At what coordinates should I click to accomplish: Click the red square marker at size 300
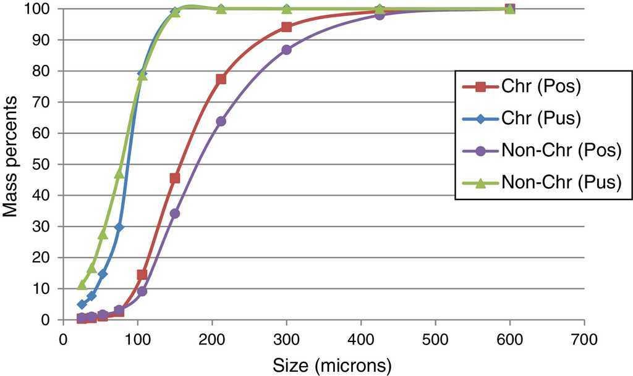pos(286,27)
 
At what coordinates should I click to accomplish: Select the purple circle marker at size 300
pos(286,49)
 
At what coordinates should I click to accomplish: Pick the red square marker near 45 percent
pos(175,178)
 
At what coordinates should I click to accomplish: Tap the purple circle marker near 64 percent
pos(221,121)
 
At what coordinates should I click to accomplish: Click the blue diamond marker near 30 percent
pos(119,227)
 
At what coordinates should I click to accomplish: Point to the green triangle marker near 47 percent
pos(119,173)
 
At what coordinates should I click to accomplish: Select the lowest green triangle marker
pos(82,285)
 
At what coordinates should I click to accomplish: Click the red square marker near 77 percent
pos(221,79)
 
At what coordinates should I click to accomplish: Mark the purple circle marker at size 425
pos(380,15)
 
